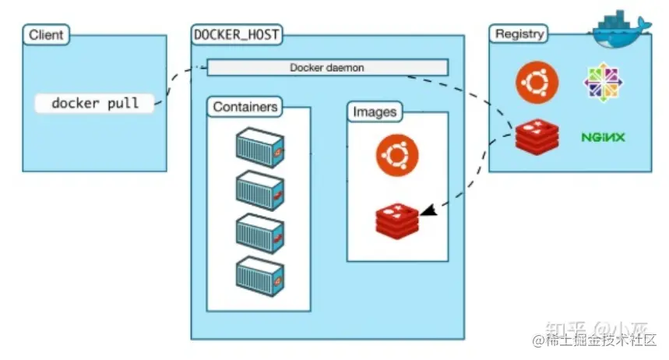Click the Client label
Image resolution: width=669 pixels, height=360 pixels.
pos(46,35)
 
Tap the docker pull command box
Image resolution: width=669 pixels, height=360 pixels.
pos(95,103)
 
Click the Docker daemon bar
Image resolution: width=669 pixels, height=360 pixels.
pos(327,68)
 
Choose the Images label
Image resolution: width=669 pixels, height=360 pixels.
pos(375,111)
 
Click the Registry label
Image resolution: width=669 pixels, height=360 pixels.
pos(518,34)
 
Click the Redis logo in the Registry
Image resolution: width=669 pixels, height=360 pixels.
pos(536,137)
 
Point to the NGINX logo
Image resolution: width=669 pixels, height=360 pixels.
pos(604,137)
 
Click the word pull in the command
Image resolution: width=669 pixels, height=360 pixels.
pos(125,103)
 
